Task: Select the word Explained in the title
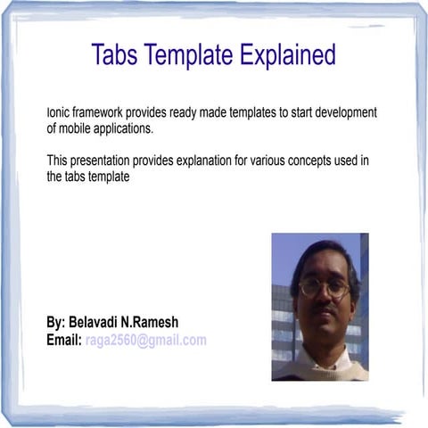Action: click(286, 54)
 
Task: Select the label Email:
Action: click(64, 340)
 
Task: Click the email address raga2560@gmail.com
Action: click(146, 340)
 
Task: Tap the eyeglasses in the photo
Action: click(324, 287)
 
